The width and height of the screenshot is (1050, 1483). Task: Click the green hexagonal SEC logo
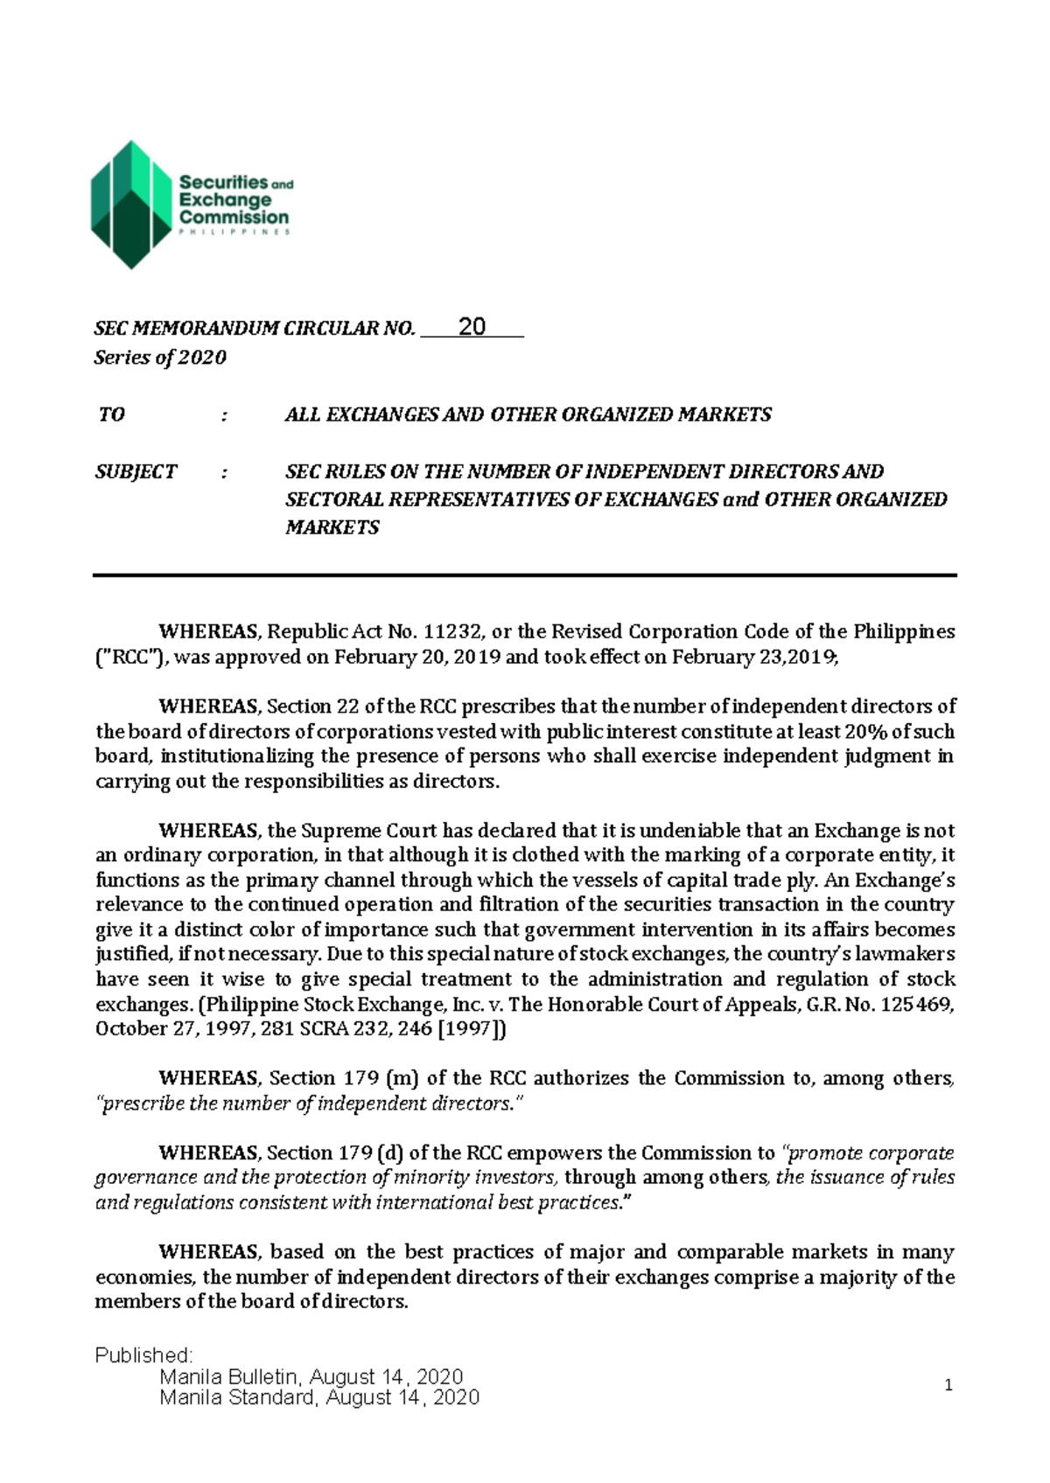[x=131, y=205]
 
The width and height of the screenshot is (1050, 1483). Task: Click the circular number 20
[x=472, y=327]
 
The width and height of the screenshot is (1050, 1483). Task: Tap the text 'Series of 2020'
[x=160, y=358]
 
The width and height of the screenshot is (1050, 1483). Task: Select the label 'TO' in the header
[x=111, y=414]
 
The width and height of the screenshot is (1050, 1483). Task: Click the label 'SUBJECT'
[x=136, y=472]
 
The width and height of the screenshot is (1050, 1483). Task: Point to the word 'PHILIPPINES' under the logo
[x=234, y=233]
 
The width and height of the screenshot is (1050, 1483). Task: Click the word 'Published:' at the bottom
[x=143, y=1355]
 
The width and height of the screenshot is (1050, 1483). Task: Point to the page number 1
[x=948, y=1385]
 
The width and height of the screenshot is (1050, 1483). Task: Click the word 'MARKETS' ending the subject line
[x=332, y=527]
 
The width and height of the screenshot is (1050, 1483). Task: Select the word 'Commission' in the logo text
[x=234, y=217]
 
